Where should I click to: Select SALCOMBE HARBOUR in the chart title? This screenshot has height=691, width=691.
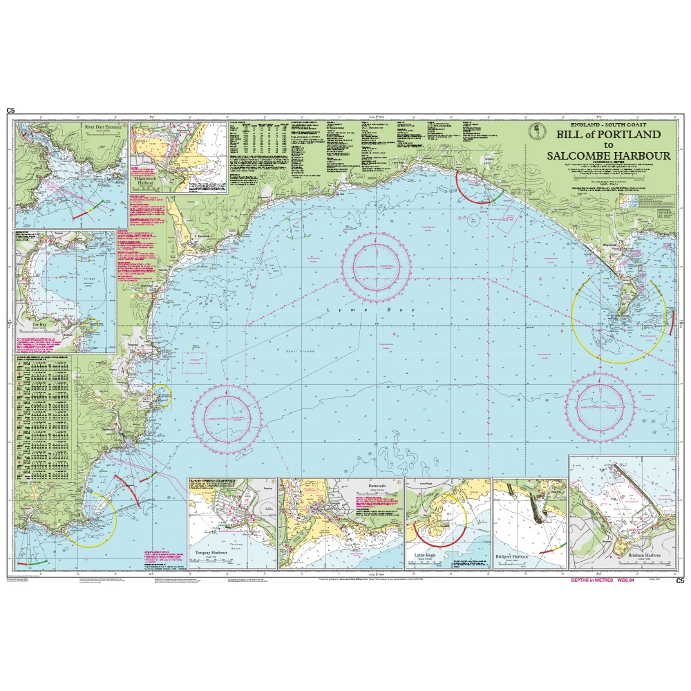608,155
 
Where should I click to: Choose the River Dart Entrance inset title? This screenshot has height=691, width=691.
102,129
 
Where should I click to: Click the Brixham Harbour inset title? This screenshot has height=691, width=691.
643,556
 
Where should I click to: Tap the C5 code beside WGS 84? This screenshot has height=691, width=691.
679,581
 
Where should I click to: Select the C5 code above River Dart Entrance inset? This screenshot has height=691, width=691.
10,111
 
